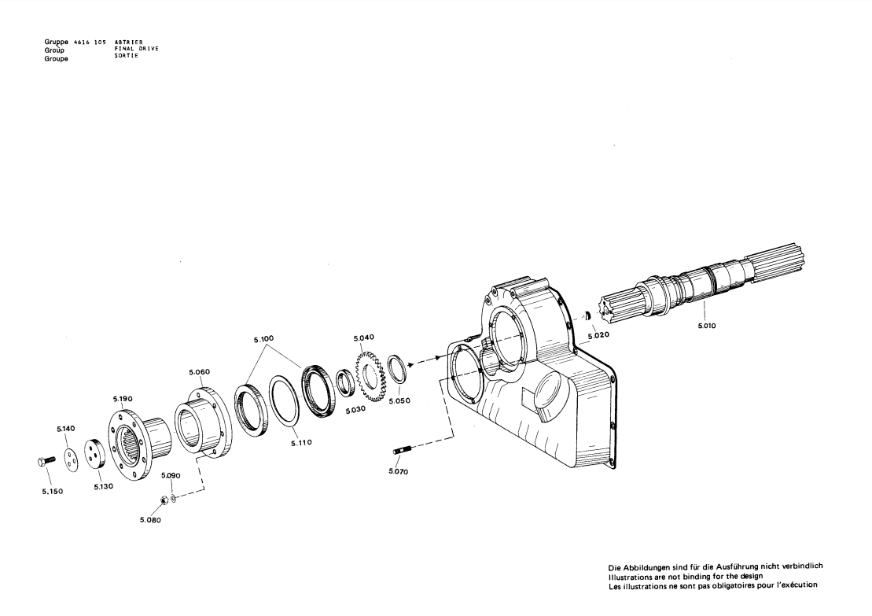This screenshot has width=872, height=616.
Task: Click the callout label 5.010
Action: tap(707, 326)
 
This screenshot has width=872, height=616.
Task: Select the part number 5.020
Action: tap(598, 335)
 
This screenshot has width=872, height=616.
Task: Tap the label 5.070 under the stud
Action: tap(398, 472)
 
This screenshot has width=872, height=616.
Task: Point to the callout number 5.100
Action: tap(263, 339)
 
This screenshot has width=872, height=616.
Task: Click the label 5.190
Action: tap(123, 399)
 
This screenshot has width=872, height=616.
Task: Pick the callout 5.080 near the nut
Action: tap(150, 520)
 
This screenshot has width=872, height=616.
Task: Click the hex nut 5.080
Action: tap(164, 499)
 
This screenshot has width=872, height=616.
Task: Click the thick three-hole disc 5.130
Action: tap(94, 454)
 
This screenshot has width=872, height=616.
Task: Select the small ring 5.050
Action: tap(396, 368)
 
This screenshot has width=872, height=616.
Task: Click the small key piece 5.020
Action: tap(586, 316)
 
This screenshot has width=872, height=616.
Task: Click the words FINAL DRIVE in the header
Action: tap(136, 49)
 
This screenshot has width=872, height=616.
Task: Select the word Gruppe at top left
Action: tap(56, 42)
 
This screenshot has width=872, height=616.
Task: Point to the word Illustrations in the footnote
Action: tap(631, 577)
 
